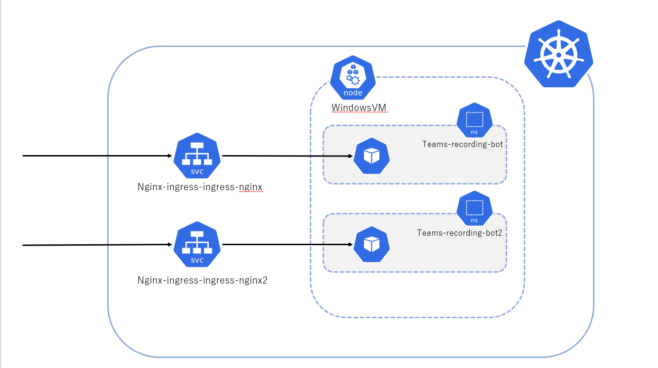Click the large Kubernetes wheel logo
pos(559,54)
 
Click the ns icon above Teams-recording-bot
pos(474,121)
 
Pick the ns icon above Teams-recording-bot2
pos(474,209)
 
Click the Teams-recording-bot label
pos(462,144)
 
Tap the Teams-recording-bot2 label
pos(459,233)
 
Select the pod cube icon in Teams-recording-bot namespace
pos(371,156)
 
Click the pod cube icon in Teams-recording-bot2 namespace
pos(371,245)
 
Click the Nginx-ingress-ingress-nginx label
pos(200,187)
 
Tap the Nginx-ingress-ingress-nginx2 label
pos(203,280)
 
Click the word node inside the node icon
pos(353,93)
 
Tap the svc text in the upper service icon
pos(197,172)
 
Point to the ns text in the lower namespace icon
pos(474,220)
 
